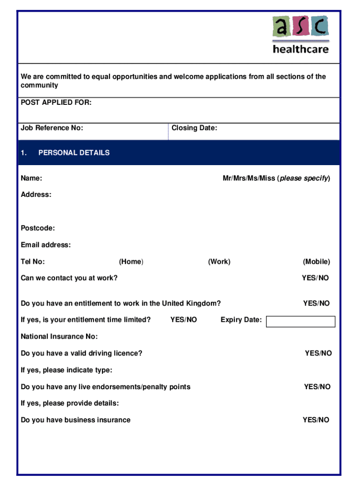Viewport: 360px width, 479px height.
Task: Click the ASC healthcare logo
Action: click(301, 35)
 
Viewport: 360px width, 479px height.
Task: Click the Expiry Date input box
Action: click(301, 321)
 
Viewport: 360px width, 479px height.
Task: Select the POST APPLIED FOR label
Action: click(56, 102)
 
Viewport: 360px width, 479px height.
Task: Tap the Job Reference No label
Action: click(52, 128)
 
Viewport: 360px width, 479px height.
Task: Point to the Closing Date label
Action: click(194, 128)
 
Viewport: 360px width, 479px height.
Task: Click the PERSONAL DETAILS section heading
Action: click(74, 152)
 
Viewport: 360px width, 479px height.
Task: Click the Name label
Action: click(32, 178)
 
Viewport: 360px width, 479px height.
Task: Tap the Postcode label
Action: click(38, 228)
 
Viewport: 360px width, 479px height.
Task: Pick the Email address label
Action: click(46, 245)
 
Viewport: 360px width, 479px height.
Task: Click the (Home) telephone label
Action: click(131, 261)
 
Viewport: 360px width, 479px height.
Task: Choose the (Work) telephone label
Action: click(219, 261)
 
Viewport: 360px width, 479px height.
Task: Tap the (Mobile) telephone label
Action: click(316, 261)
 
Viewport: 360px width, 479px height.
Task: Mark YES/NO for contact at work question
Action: click(315, 278)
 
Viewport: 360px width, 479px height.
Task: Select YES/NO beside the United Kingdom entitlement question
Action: click(316, 303)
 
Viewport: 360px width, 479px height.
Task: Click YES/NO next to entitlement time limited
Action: click(183, 319)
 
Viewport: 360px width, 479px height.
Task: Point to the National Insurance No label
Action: click(59, 336)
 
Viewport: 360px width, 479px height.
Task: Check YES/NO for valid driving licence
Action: click(318, 353)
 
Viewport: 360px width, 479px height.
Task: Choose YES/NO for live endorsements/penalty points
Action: click(317, 386)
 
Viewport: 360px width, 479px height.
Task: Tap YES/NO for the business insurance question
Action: click(316, 420)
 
